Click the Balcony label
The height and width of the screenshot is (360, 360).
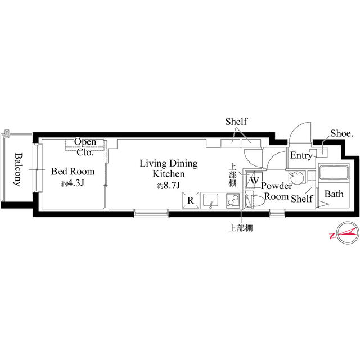(18, 169)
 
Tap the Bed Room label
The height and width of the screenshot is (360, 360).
(73, 172)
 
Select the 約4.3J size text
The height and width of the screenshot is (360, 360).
(73, 183)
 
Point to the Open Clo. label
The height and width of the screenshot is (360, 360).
(85, 147)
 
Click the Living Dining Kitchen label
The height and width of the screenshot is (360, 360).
(169, 169)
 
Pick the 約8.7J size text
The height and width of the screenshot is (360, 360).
(169, 185)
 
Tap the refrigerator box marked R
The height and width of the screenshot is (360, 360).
(191, 200)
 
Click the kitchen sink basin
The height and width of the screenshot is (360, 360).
(210, 200)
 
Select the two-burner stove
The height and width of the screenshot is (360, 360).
(233, 201)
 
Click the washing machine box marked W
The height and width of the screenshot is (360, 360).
(254, 179)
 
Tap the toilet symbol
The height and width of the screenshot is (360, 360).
(255, 201)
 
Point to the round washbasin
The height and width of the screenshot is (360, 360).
(296, 177)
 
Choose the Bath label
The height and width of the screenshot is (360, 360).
(334, 194)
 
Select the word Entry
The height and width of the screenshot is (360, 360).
(301, 156)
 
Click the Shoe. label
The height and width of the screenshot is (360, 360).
(341, 133)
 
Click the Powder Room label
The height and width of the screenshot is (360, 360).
(277, 191)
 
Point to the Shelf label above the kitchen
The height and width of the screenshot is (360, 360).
(236, 121)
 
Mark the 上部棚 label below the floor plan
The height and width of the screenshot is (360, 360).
(241, 228)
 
